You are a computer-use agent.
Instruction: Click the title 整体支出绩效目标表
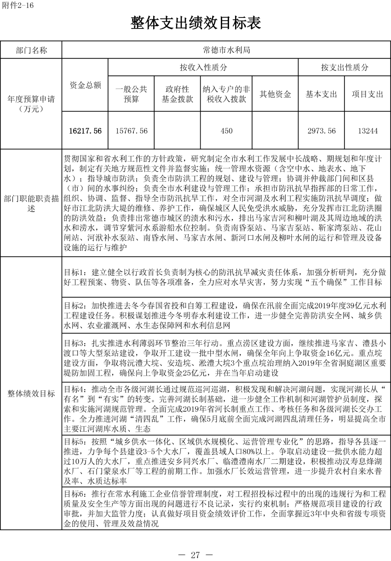pos(196,23)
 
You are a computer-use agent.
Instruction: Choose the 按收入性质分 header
pos(203,67)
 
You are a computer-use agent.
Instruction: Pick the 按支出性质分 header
pos(345,67)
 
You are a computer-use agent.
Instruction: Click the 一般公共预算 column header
pos(131,94)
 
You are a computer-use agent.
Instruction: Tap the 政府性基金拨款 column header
pos(177,94)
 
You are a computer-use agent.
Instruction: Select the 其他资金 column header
pos(275,94)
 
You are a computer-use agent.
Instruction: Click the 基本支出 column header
pos(322,94)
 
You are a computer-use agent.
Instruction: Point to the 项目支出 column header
pos(368,94)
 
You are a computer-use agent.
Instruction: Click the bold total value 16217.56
pos(85,131)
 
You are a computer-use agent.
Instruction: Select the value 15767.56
pos(131,131)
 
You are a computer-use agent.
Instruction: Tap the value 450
pos(226,131)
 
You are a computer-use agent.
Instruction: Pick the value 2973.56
pos(322,131)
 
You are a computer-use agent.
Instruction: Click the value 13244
pos(368,131)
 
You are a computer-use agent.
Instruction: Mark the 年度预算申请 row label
pos(31,104)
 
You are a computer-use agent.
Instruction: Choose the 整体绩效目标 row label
pos(31,393)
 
